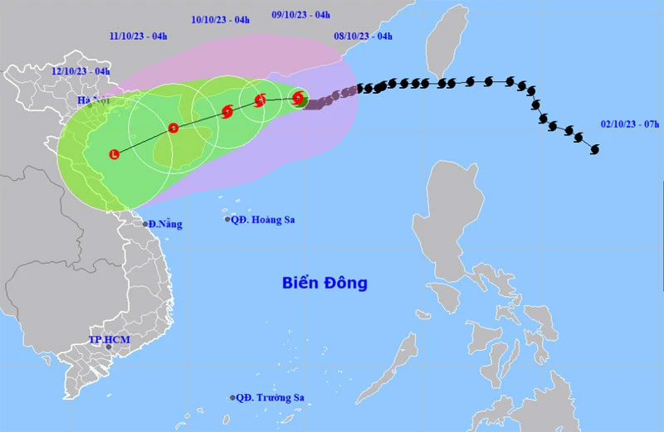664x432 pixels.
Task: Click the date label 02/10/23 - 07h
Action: click(630, 124)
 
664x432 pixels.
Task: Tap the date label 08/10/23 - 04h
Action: click(364, 36)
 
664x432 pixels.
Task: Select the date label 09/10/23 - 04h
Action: click(300, 14)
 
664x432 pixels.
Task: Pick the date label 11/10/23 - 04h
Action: click(139, 36)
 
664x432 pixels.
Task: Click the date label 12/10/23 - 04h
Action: click(80, 71)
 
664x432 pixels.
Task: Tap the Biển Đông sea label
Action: click(323, 284)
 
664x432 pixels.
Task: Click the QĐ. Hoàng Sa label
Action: click(263, 220)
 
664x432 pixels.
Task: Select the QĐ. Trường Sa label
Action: click(270, 398)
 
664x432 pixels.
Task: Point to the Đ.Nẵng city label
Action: click(166, 224)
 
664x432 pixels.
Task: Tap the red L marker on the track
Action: click(115, 153)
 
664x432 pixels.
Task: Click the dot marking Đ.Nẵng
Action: click(145, 224)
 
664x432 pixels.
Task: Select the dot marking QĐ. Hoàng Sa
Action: click(227, 220)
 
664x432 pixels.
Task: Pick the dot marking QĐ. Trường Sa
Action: click(232, 398)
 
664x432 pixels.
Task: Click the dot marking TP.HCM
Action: click(110, 348)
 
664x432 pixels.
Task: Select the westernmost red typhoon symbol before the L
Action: click(173, 128)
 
